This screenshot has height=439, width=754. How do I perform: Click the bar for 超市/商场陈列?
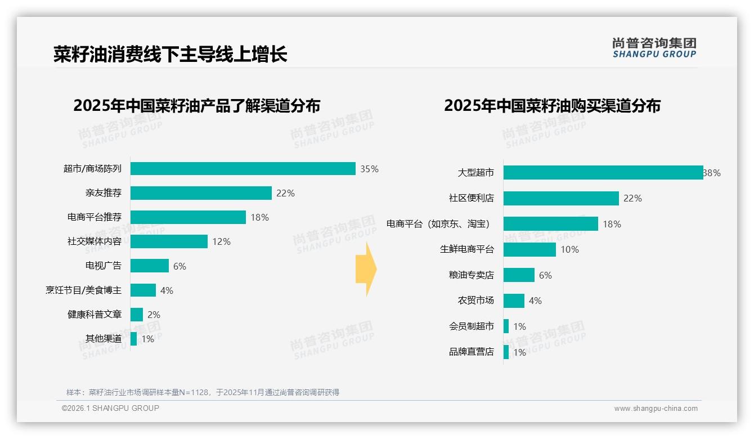point(243,169)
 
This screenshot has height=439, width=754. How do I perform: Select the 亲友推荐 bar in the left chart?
point(201,193)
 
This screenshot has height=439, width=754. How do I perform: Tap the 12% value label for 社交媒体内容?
point(222,241)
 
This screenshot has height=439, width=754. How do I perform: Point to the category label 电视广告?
point(103,266)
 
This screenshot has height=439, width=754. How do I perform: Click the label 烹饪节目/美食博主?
point(83,290)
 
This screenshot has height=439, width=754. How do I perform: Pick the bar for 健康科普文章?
point(137,315)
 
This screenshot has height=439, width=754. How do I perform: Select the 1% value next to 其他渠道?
point(148,339)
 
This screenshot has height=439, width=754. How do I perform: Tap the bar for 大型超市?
point(603,173)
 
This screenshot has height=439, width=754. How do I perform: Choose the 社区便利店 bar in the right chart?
point(561,198)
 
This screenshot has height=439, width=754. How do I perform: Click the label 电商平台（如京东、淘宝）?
point(439,224)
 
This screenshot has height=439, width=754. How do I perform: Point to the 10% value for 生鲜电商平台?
point(569,249)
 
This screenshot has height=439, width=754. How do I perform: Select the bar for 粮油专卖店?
point(519,275)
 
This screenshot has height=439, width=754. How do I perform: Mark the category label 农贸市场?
point(475,301)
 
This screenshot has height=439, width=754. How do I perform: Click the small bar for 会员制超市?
point(506,326)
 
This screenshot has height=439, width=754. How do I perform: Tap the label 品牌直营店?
point(471,352)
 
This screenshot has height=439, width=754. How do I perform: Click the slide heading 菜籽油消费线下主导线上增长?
point(170,54)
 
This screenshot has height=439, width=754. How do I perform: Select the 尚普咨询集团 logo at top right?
point(654,48)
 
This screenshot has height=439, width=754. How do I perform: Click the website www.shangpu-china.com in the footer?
point(656,409)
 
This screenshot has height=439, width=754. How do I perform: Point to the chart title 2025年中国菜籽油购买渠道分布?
point(552,106)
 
